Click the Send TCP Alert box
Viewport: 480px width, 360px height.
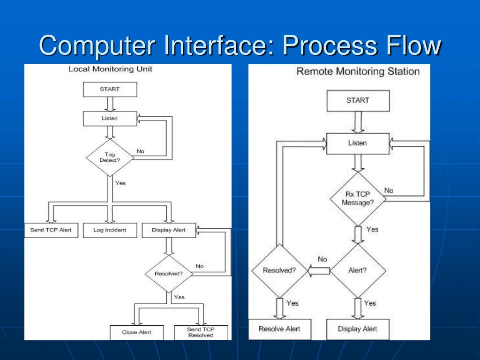pyautogui.click(x=51, y=230)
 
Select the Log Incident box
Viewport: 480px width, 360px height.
pyautogui.click(x=110, y=230)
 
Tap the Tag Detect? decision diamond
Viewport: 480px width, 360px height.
pyautogui.click(x=110, y=157)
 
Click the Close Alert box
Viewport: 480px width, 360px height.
pyautogui.click(x=137, y=332)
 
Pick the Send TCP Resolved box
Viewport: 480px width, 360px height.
pyautogui.click(x=201, y=332)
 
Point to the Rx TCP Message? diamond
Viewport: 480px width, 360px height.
pyautogui.click(x=358, y=199)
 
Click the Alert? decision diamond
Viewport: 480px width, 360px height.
pyautogui.click(x=358, y=270)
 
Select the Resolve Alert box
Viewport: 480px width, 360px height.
pyautogui.click(x=279, y=329)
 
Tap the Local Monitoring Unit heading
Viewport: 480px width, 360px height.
pyautogui.click(x=110, y=69)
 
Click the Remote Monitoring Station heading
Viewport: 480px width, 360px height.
pyautogui.click(x=358, y=71)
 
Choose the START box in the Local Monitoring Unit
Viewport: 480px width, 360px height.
pyautogui.click(x=110, y=90)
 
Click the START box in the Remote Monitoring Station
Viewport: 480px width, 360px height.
pyautogui.click(x=358, y=101)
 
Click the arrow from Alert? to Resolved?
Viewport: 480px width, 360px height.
pyautogui.click(x=319, y=270)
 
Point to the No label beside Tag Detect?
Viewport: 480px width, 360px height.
pyautogui.click(x=140, y=151)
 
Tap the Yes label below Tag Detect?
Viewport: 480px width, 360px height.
pyautogui.click(x=120, y=183)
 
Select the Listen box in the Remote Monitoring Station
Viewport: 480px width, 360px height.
pyautogui.click(x=358, y=143)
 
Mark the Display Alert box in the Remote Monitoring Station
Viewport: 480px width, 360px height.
pyautogui.click(x=358, y=329)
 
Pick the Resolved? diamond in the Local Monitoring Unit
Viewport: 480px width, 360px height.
pyautogui.click(x=169, y=274)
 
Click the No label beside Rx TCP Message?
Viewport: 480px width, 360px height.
pyautogui.click(x=389, y=190)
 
